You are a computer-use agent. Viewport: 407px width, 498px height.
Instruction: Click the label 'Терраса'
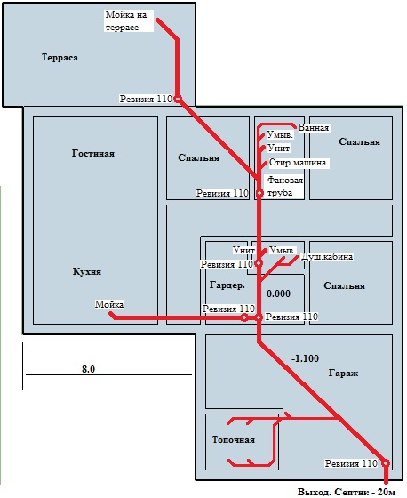pyautogui.click(x=60, y=58)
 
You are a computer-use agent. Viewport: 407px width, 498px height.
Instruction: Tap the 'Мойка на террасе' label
pyautogui.click(x=126, y=21)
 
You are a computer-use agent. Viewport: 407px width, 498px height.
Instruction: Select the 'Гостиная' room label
pyautogui.click(x=93, y=153)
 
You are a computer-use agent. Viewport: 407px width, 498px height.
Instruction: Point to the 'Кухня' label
pyautogui.click(x=87, y=272)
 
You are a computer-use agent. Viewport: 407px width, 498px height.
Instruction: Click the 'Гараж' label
pyautogui.click(x=343, y=373)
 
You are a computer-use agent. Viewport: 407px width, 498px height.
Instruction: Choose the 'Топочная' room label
pyautogui.click(x=234, y=440)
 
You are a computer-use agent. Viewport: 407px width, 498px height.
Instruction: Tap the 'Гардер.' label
pyautogui.click(x=227, y=285)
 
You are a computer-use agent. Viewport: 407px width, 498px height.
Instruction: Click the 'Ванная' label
pyautogui.click(x=314, y=128)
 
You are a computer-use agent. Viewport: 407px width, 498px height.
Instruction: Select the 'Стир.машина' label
pyautogui.click(x=298, y=163)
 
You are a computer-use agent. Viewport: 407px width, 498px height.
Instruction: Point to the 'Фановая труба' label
pyautogui.click(x=284, y=187)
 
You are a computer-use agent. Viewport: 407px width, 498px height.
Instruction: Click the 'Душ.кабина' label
pyautogui.click(x=326, y=256)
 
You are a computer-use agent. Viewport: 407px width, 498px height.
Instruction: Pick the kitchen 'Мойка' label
pyautogui.click(x=109, y=304)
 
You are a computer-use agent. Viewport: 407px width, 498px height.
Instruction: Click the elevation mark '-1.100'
pyautogui.click(x=305, y=358)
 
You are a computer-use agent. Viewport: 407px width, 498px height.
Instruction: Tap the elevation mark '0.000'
pyautogui.click(x=278, y=293)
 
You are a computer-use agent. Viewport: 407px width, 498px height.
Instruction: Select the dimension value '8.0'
pyautogui.click(x=88, y=369)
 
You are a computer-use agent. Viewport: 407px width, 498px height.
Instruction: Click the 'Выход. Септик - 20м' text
pyautogui.click(x=347, y=493)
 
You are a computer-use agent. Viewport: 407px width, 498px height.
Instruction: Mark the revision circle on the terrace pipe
pyautogui.click(x=178, y=99)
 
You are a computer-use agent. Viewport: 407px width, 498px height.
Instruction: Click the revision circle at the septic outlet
pyautogui.click(x=386, y=463)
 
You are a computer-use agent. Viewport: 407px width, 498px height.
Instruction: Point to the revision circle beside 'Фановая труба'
pyautogui.click(x=259, y=193)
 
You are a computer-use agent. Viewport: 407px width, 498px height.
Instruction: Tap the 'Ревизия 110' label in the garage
pyautogui.click(x=351, y=463)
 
